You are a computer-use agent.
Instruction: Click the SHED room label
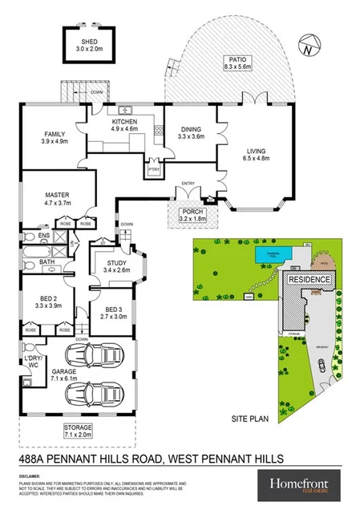89,41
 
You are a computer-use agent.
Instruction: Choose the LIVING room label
257,150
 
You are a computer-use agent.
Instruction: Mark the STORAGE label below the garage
78,430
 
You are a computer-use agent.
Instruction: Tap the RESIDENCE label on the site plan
308,279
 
